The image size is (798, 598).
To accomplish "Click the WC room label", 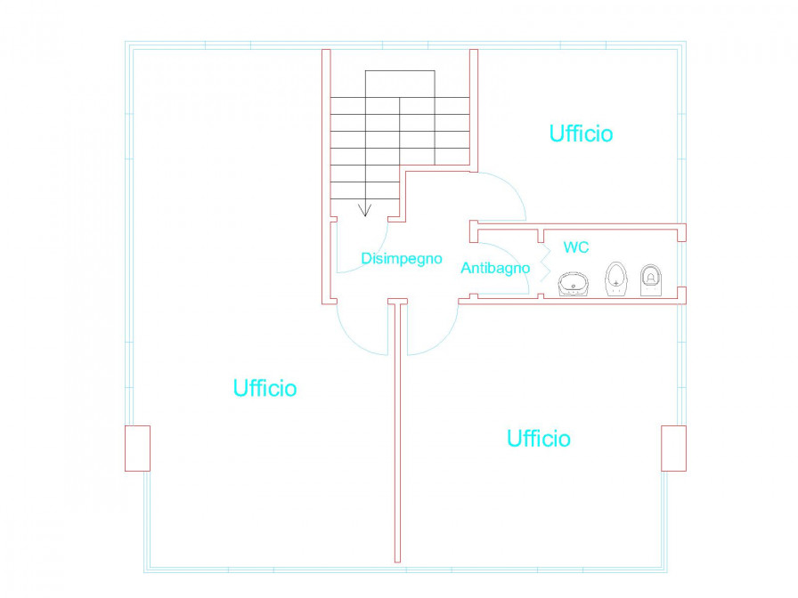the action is tap(576, 247).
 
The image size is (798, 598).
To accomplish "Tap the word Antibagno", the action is tap(495, 268).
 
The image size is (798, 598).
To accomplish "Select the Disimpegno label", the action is tap(402, 259).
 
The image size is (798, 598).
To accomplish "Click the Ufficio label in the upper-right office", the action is tap(581, 133).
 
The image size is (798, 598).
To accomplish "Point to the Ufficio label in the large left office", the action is tap(265, 389).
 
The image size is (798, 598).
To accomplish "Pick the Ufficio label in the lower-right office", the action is tap(539, 439).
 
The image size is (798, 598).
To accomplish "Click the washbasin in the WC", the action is tap(574, 284).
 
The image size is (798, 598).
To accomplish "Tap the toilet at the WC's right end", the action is tap(651, 279).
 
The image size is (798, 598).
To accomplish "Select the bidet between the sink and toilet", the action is tap(616, 279).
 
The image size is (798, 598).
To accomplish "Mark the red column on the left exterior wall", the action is tap(137, 448).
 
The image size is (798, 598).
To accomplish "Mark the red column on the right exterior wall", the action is tap(674, 448).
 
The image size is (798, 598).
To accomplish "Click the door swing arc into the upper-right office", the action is tap(511, 187).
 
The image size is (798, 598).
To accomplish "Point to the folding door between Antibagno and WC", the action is tap(545, 263).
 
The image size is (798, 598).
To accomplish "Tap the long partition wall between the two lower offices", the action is tap(397, 432).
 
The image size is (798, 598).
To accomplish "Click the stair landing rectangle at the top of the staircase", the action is tap(400, 84).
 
